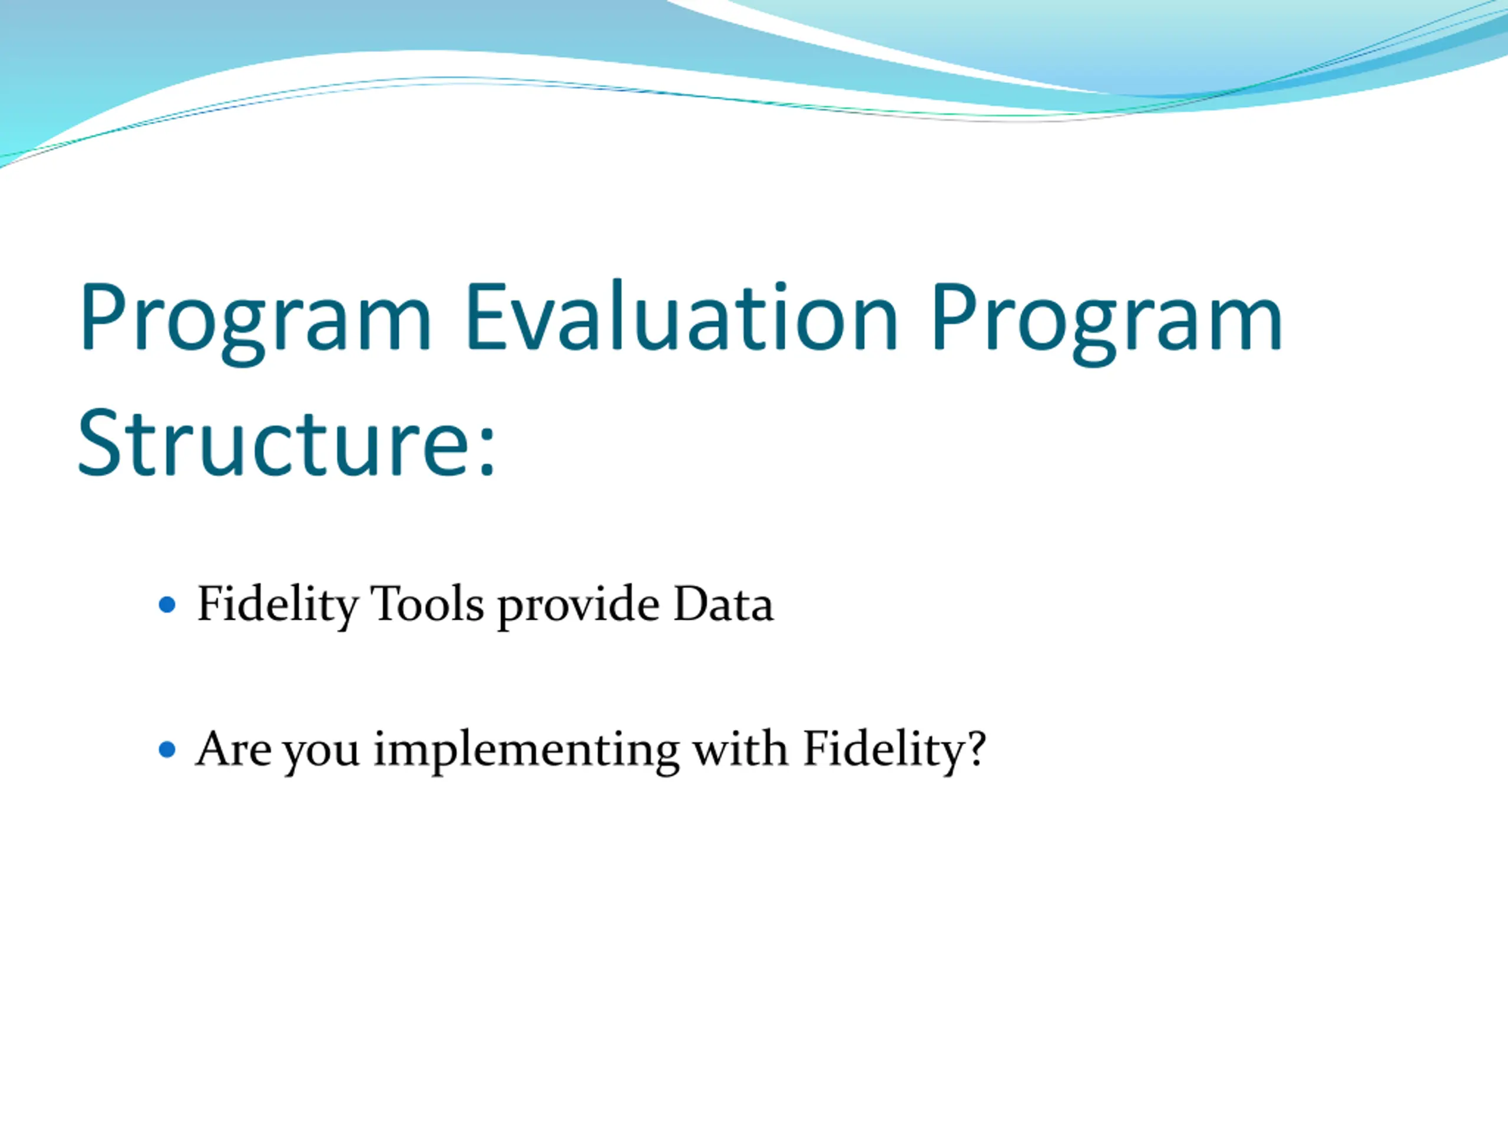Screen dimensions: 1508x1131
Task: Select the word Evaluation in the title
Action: (682, 315)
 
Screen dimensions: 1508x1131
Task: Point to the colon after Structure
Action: (486, 451)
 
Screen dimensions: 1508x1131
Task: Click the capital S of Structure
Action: (101, 442)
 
